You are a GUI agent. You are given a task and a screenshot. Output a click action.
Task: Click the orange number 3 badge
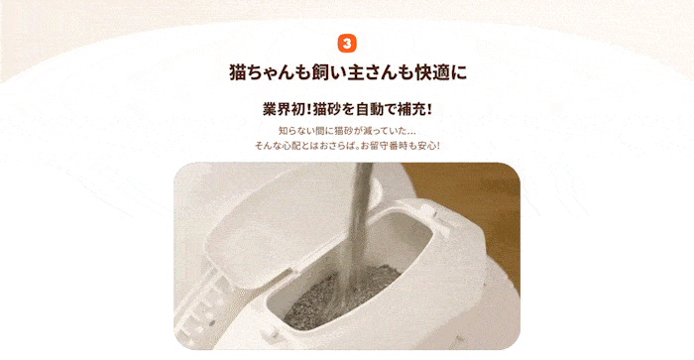(347, 44)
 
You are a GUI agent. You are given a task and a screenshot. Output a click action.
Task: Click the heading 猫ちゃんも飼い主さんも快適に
(348, 72)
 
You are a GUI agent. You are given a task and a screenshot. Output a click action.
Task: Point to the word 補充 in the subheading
(411, 109)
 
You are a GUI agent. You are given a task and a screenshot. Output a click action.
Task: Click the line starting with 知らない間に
(347, 131)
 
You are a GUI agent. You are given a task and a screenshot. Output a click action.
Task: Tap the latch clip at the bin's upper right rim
(436, 218)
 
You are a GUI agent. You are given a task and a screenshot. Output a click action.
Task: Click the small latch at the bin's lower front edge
(273, 333)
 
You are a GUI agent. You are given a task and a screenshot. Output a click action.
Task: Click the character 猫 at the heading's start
(238, 72)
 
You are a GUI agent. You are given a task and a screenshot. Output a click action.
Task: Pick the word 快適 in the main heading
(431, 72)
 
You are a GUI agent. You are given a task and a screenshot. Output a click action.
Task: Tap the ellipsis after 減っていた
(409, 134)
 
